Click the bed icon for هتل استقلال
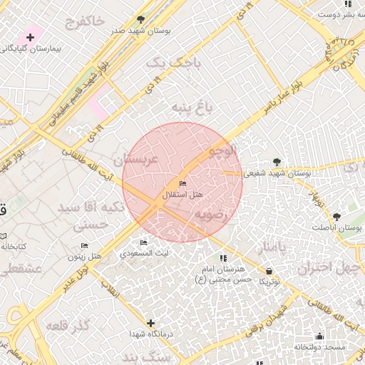183,185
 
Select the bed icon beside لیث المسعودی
144,244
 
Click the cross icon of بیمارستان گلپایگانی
30,36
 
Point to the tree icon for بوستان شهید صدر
140,19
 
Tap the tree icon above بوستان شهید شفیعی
277,162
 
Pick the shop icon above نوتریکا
269,271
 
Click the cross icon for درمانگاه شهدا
152,323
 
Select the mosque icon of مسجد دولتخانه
319,336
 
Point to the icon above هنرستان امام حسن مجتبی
223,257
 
